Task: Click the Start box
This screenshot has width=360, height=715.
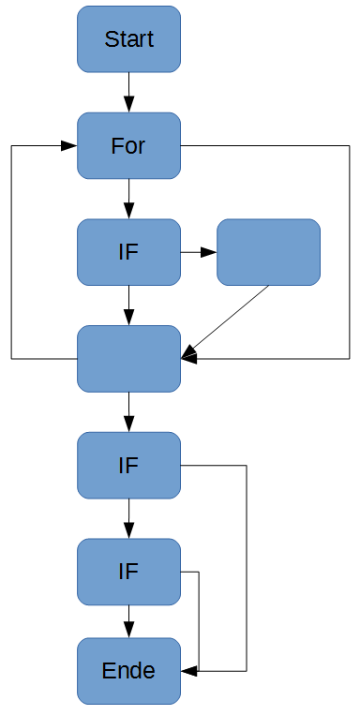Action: click(128, 39)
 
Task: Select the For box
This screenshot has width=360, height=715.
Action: click(128, 146)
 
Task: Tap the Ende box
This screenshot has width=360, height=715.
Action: click(128, 671)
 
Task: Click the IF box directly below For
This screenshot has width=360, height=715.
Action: click(128, 252)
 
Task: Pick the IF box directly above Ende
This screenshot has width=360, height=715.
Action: click(128, 572)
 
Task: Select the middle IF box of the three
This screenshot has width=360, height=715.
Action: click(128, 465)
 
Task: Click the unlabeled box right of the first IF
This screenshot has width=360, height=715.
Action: click(268, 252)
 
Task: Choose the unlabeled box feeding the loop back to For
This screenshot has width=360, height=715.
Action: click(128, 359)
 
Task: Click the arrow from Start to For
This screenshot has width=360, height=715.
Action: click(128, 93)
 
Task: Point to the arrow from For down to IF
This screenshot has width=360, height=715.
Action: click(128, 199)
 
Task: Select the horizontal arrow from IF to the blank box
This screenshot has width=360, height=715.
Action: click(198, 252)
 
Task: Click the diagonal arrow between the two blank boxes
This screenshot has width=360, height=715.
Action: click(228, 319)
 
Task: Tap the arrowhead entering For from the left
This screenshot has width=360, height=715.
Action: click(68, 146)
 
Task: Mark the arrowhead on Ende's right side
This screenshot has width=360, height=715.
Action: click(188, 671)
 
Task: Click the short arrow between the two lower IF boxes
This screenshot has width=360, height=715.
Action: click(128, 518)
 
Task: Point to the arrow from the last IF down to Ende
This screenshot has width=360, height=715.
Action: click(128, 620)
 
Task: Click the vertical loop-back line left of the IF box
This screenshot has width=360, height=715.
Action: click(11, 252)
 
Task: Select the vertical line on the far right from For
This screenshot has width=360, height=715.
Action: click(349, 252)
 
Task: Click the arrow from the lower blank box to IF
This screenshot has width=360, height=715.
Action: click(128, 411)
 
